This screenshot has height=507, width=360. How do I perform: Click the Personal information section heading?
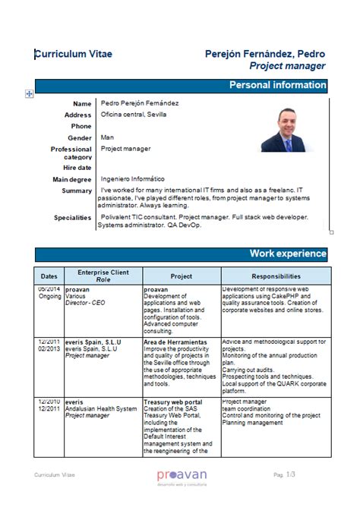[x=277, y=86]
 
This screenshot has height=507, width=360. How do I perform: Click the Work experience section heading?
[x=288, y=253]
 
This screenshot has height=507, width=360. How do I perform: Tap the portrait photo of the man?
[x=287, y=130]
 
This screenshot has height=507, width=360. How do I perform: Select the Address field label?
[x=77, y=115]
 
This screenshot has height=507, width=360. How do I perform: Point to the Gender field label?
[x=80, y=138]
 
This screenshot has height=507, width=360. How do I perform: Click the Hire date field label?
[x=77, y=168]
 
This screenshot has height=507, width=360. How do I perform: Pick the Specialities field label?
[x=73, y=218]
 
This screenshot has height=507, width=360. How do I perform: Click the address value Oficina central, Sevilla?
[x=133, y=115]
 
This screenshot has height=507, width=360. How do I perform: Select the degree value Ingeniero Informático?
[x=132, y=178]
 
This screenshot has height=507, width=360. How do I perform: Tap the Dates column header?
[x=49, y=277]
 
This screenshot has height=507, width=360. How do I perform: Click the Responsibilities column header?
[x=276, y=277]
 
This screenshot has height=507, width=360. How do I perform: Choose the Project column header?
[x=181, y=277]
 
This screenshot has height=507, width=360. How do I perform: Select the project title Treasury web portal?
[x=173, y=402]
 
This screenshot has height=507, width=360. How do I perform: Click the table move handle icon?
[x=30, y=93]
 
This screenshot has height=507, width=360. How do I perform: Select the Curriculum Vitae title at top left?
[x=72, y=54]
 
